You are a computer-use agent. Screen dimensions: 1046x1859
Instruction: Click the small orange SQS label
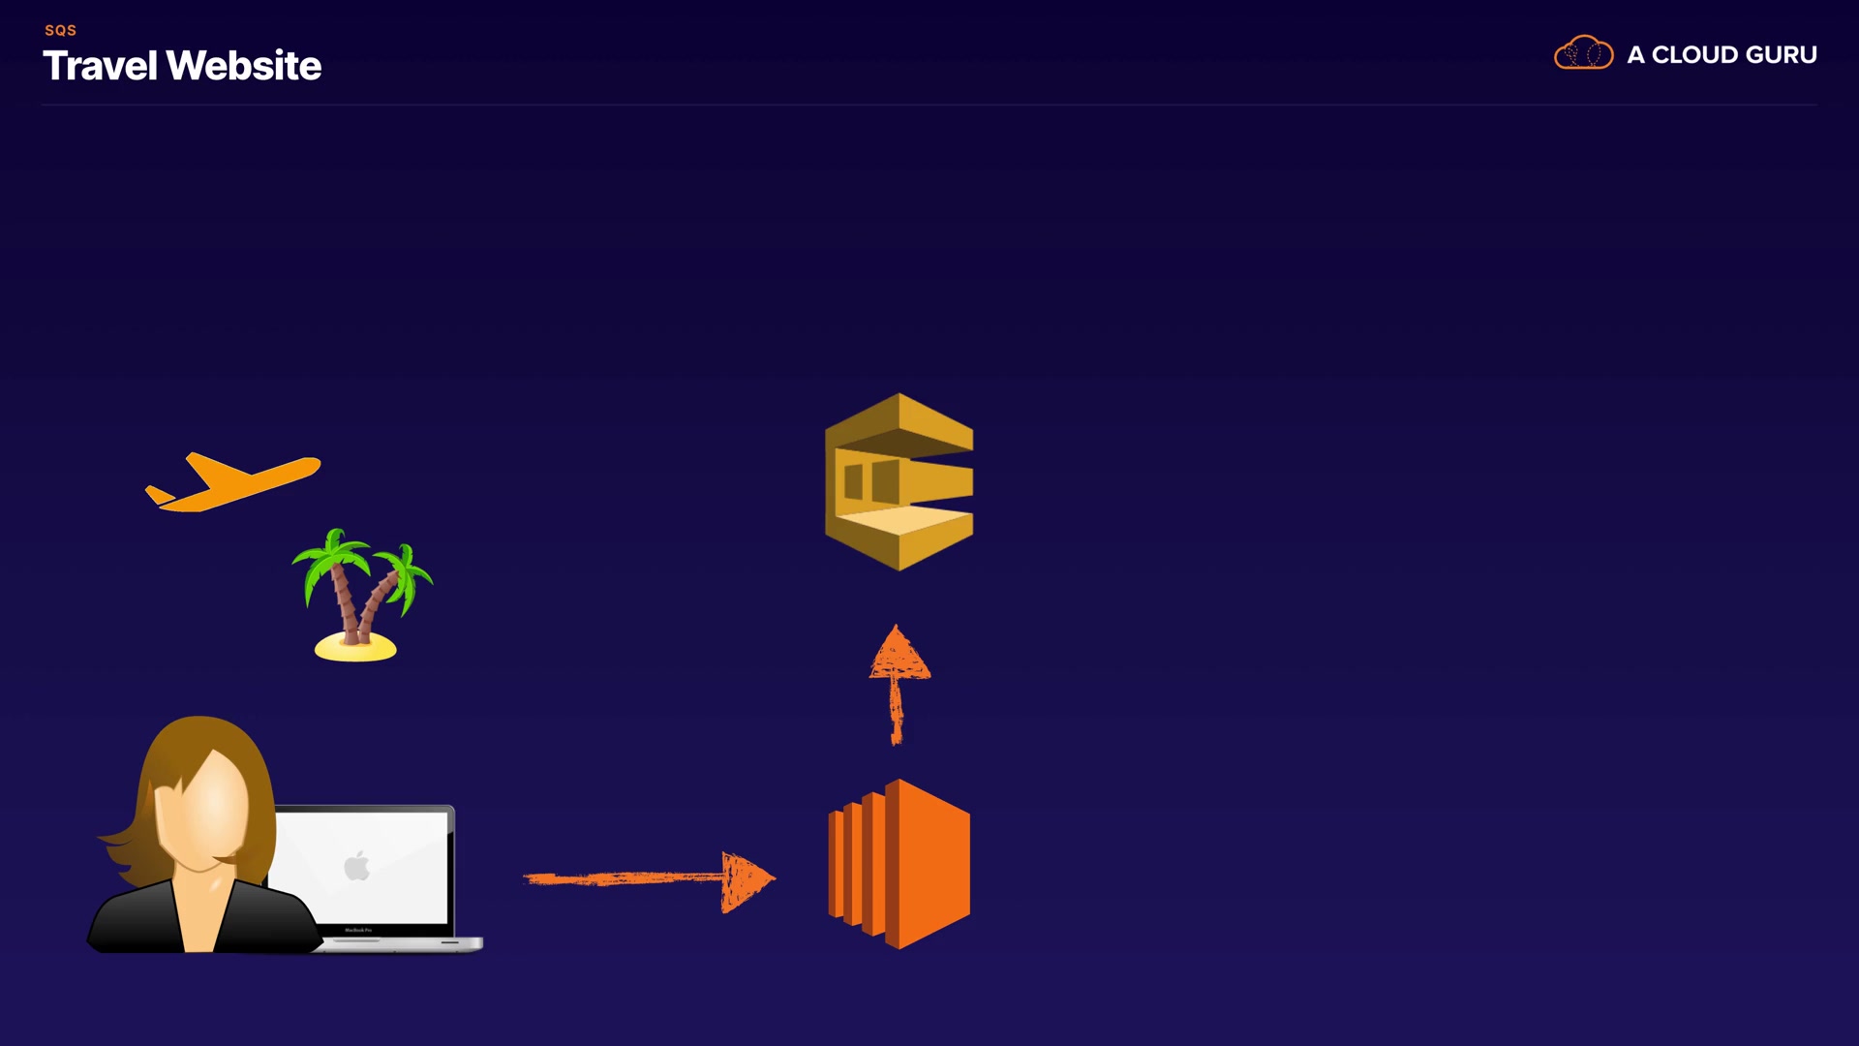click(60, 30)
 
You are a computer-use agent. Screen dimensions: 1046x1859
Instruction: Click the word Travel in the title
click(100, 66)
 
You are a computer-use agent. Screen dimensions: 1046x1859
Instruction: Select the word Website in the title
click(244, 66)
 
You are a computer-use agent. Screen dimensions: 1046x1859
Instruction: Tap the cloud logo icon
click(1583, 53)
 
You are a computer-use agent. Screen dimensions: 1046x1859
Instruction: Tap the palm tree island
click(360, 593)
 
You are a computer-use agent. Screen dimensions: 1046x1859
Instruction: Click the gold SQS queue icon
click(899, 481)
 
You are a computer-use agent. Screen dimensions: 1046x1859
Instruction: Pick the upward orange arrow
click(898, 684)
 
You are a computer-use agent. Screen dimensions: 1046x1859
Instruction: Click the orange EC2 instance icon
click(899, 864)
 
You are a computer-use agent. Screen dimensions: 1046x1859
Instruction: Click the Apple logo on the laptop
click(357, 865)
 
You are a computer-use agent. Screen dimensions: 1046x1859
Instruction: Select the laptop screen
click(387, 867)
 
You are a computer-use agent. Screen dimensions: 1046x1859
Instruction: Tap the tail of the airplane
click(159, 496)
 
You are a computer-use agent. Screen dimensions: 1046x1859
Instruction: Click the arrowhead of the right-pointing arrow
click(747, 880)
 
